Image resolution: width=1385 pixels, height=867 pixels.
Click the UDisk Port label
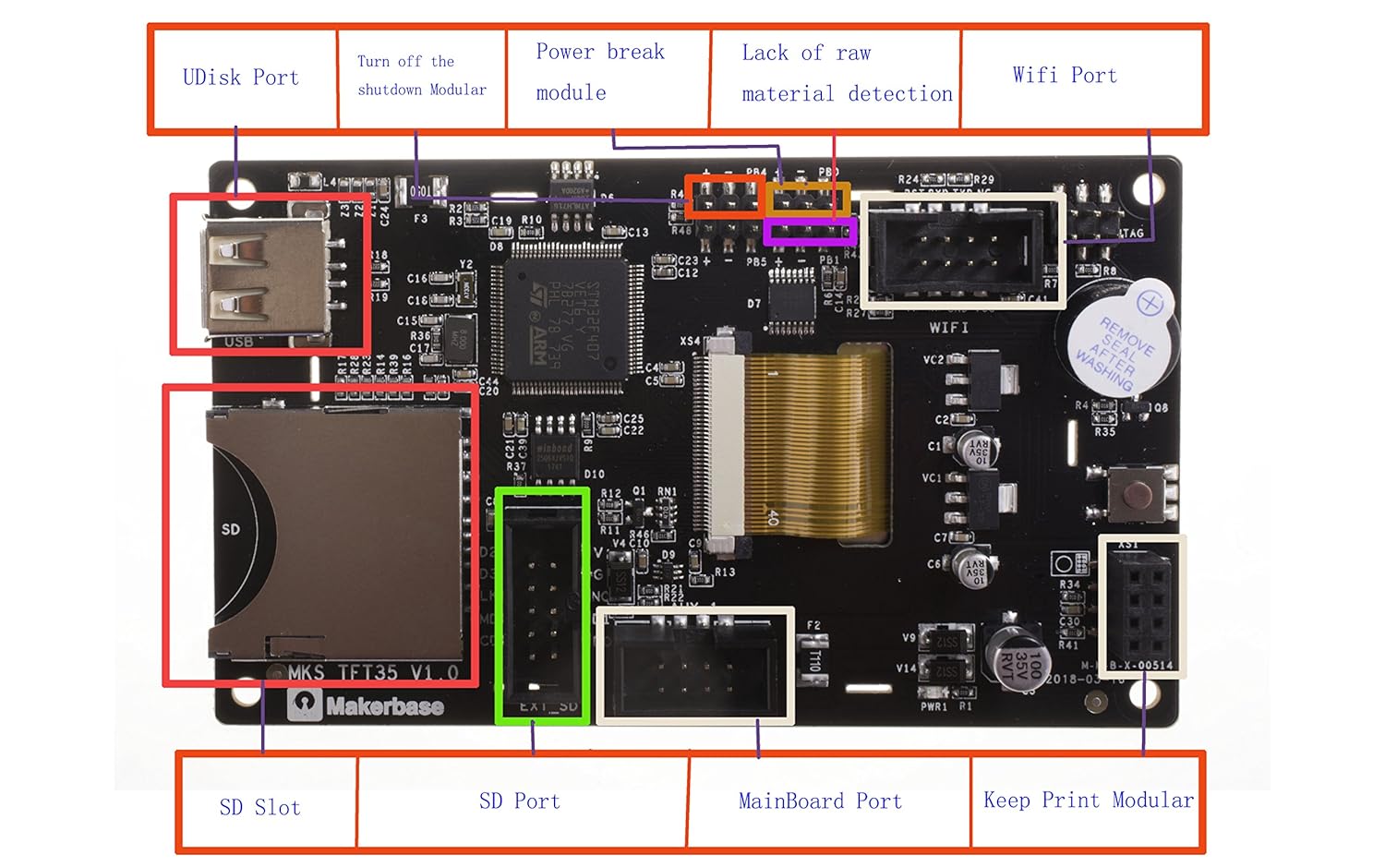pyautogui.click(x=241, y=78)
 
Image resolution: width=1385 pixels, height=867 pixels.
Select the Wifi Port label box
pyautogui.click(x=1065, y=76)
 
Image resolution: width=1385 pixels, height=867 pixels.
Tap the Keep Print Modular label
pyautogui.click(x=1088, y=801)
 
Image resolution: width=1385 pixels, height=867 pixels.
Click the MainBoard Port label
pyautogui.click(x=820, y=801)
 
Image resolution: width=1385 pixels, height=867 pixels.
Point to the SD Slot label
pyautogui.click(x=259, y=808)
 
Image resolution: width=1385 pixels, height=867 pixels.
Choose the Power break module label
pyautogui.click(x=600, y=72)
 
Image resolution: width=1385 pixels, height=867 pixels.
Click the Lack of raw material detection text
pyautogui.click(x=846, y=74)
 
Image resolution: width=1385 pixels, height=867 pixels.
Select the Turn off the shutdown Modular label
pyautogui.click(x=421, y=76)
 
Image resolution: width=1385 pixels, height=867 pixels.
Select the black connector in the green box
pyautogui.click(x=542, y=605)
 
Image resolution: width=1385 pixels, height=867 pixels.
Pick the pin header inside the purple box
pyautogui.click(x=810, y=231)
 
